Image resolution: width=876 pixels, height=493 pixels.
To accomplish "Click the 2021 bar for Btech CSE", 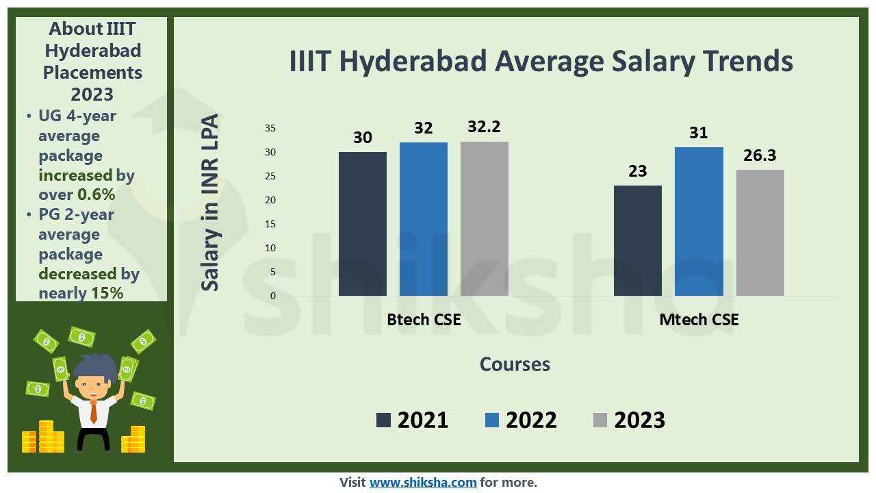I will (x=362, y=224).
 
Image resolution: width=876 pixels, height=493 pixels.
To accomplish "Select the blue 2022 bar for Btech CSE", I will (x=423, y=219).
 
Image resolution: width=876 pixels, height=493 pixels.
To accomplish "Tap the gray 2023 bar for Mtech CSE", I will (x=760, y=233).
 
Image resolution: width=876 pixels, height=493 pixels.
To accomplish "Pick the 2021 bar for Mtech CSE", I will (x=637, y=240).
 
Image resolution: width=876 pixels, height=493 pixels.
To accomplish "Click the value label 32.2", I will (x=485, y=127).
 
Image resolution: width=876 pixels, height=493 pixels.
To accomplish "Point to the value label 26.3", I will (x=760, y=155).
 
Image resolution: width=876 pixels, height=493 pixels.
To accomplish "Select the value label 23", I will (x=637, y=171).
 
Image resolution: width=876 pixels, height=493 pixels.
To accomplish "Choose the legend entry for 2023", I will (x=629, y=420).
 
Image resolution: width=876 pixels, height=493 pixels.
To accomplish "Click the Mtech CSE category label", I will (x=699, y=320).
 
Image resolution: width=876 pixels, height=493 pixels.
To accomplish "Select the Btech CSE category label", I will (x=424, y=320).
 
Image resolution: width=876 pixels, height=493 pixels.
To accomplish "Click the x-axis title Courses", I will (x=515, y=364).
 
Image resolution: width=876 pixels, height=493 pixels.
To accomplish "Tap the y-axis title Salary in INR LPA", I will (x=211, y=202).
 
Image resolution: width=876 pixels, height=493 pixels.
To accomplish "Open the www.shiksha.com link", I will (x=423, y=482).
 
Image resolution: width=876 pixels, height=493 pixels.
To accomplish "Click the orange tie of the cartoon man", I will (x=94, y=411).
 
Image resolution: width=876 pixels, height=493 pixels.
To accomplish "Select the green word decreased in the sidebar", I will (x=77, y=274).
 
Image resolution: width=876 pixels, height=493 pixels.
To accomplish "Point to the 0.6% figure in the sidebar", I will (x=96, y=194).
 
